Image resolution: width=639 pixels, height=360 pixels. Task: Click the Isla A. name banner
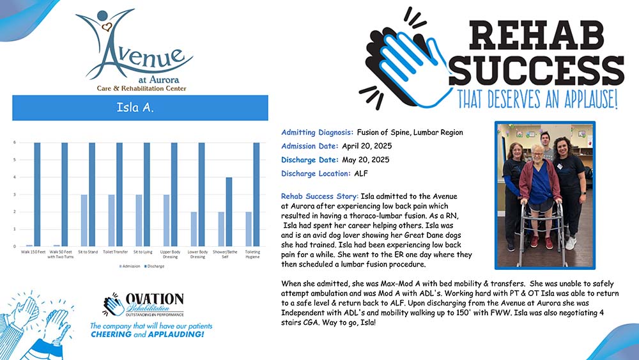[140, 107]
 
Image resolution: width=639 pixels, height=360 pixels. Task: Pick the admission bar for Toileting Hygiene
[248, 229]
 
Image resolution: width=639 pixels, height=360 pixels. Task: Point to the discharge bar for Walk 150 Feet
[37, 194]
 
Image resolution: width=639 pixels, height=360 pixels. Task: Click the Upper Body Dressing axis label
[169, 254]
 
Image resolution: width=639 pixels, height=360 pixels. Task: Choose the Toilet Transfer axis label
[114, 252]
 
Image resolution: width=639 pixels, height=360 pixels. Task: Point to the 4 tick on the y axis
[15, 177]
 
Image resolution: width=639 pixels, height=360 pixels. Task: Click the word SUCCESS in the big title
[539, 70]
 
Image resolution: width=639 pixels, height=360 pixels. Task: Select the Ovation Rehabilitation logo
[144, 306]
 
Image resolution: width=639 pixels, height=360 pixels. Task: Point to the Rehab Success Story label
[320, 196]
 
